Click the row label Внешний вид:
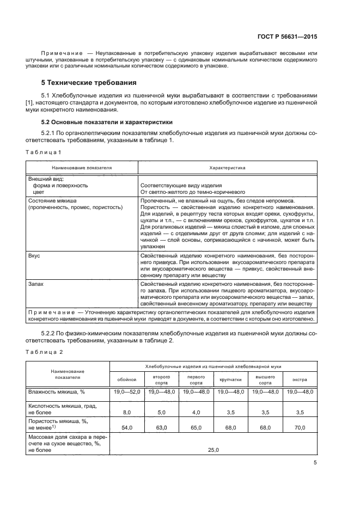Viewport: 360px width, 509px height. [46, 179]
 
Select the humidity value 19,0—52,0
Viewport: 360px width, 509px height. [126, 392]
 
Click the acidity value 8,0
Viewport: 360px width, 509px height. [126, 413]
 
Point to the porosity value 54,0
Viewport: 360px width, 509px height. [126, 428]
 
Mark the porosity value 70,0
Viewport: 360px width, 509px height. [300, 428]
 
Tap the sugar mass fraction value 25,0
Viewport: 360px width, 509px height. [213, 450]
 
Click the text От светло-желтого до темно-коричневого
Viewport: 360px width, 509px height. [193, 192]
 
